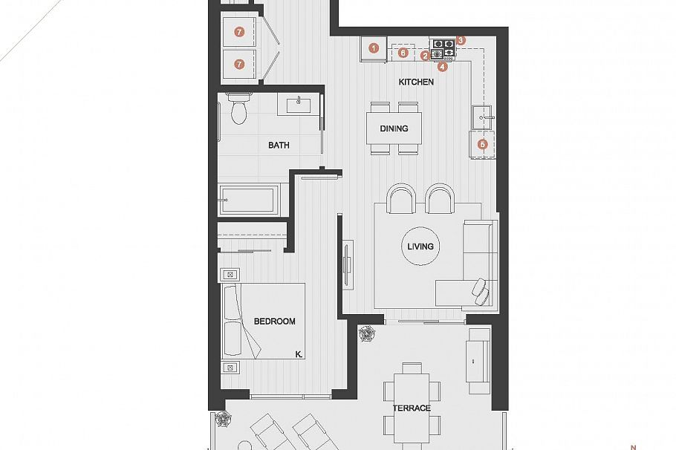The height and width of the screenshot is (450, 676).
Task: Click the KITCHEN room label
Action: (416, 82)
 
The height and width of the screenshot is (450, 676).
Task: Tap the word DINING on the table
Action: (394, 128)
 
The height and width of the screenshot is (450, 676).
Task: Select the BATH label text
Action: (279, 146)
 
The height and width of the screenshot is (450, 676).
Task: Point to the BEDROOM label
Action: (274, 322)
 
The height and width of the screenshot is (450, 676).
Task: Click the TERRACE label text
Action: (412, 408)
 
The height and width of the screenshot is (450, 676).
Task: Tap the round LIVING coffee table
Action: (420, 247)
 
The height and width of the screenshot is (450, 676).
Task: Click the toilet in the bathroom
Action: (238, 109)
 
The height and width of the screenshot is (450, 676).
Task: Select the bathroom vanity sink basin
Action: (300, 103)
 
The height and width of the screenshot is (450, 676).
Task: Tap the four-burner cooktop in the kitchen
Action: (444, 49)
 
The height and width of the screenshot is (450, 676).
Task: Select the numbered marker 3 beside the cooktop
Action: (461, 40)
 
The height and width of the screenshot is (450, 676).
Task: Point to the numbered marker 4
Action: (443, 66)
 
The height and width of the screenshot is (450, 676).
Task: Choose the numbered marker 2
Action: (425, 56)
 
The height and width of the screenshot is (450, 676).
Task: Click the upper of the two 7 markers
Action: (239, 32)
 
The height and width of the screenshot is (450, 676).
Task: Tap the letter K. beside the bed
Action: (298, 355)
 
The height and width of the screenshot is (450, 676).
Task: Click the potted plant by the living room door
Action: (366, 335)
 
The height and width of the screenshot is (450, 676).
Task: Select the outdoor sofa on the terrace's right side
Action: (476, 361)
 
